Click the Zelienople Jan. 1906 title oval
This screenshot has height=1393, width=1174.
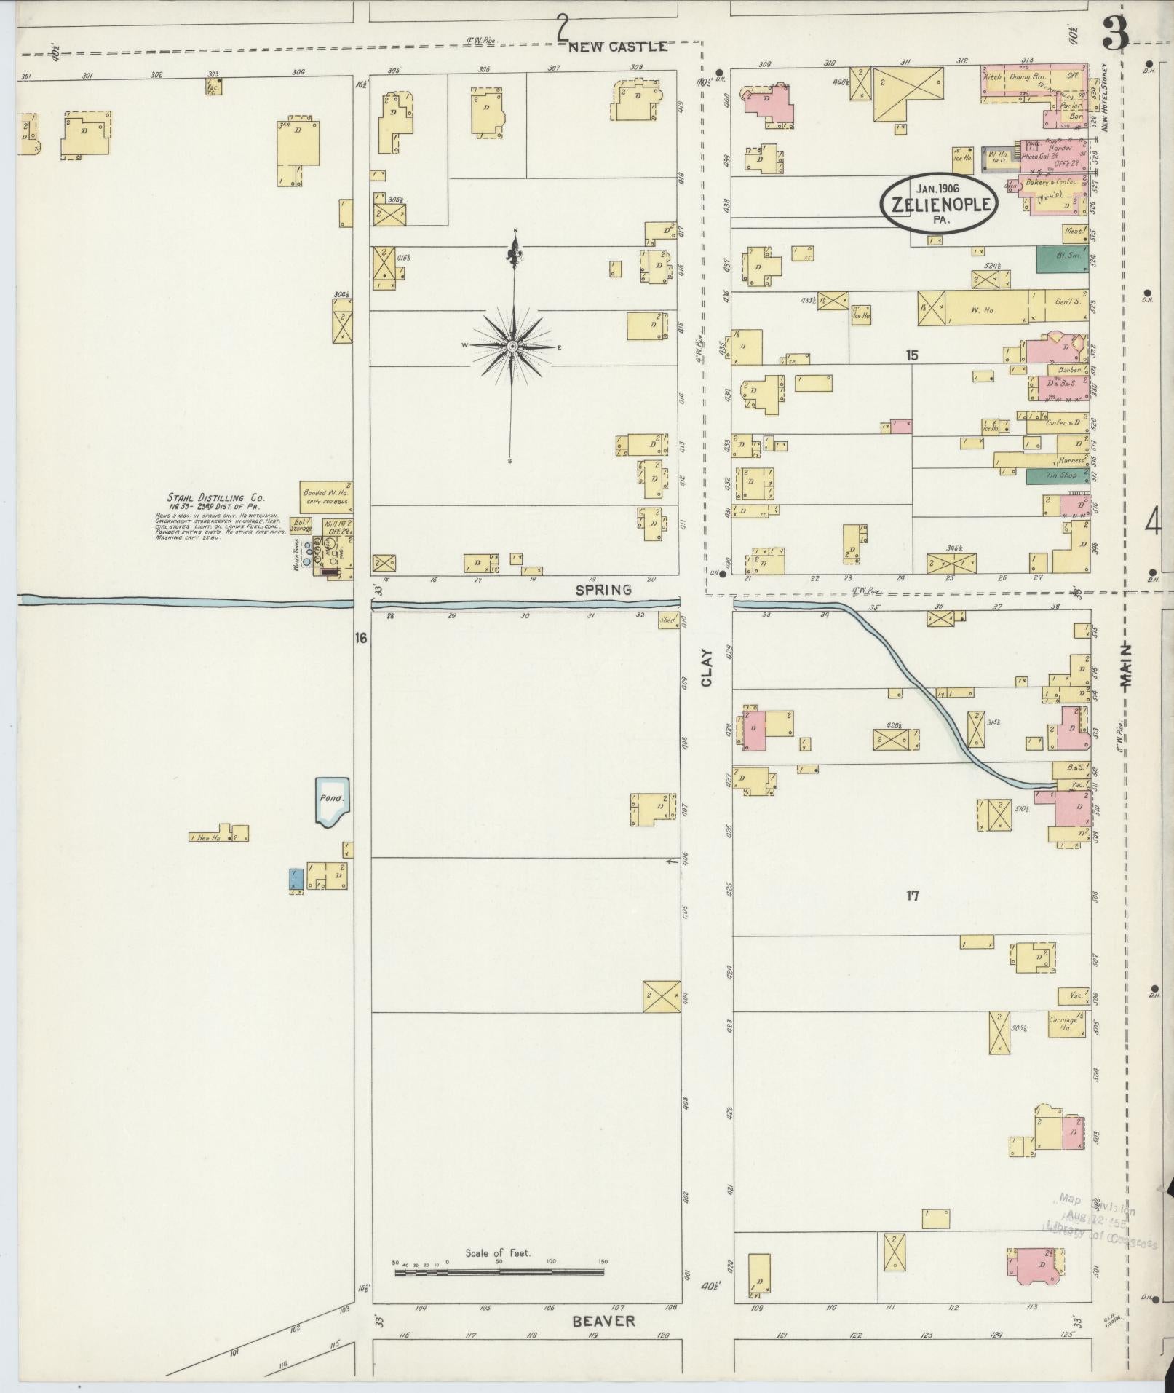[937, 203]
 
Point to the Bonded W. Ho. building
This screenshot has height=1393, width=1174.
[327, 497]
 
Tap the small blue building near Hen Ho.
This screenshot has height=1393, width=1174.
[296, 878]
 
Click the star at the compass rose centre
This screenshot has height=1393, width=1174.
[512, 346]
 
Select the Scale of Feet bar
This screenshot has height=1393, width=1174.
[499, 1273]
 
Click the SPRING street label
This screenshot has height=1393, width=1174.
[603, 591]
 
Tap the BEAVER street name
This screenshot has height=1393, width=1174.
[603, 1321]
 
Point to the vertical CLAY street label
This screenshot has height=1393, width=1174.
[707, 668]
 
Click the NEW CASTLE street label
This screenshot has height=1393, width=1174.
[617, 47]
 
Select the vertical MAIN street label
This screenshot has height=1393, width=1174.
[1127, 666]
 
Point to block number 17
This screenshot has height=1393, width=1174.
[912, 896]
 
